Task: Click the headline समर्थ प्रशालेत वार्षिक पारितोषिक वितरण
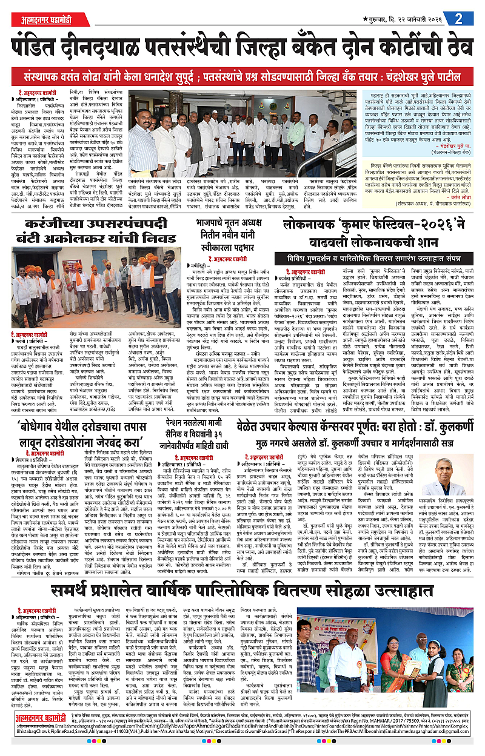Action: [x=242, y=591]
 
